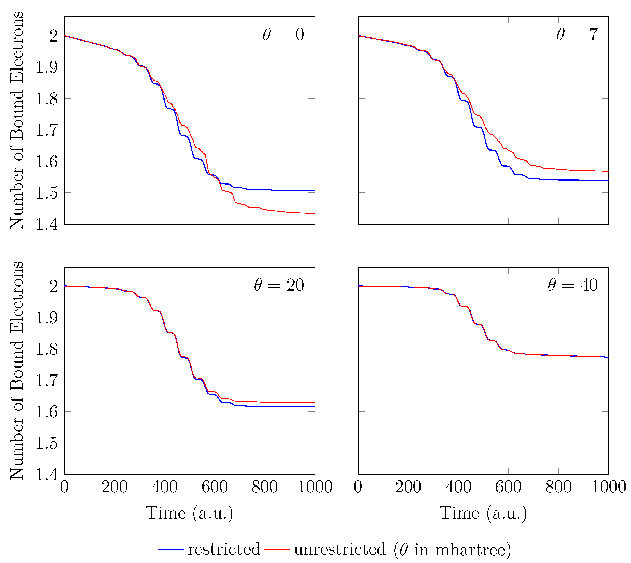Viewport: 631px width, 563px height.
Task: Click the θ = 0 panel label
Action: pyautogui.click(x=283, y=35)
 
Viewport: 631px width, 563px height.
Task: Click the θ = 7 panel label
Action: pyautogui.click(x=577, y=35)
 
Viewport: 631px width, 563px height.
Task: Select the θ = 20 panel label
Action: pyautogui.click(x=279, y=285)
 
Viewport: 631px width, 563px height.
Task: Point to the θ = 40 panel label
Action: pyautogui.click(x=573, y=285)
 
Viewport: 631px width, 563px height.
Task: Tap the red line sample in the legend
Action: pyautogui.click(x=277, y=550)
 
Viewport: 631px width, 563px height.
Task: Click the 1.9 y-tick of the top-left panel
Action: pyautogui.click(x=47, y=67)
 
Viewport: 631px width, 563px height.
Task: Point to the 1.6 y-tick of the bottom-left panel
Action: pyautogui.click(x=47, y=412)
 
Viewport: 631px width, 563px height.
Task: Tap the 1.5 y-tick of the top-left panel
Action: pyautogui.click(x=47, y=193)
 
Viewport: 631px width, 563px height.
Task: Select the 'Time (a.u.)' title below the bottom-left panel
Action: pyautogui.click(x=189, y=514)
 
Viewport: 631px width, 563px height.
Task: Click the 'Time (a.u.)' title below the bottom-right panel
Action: pyautogui.click(x=483, y=514)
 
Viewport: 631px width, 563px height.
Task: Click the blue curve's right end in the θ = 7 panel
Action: pyautogui.click(x=608, y=180)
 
